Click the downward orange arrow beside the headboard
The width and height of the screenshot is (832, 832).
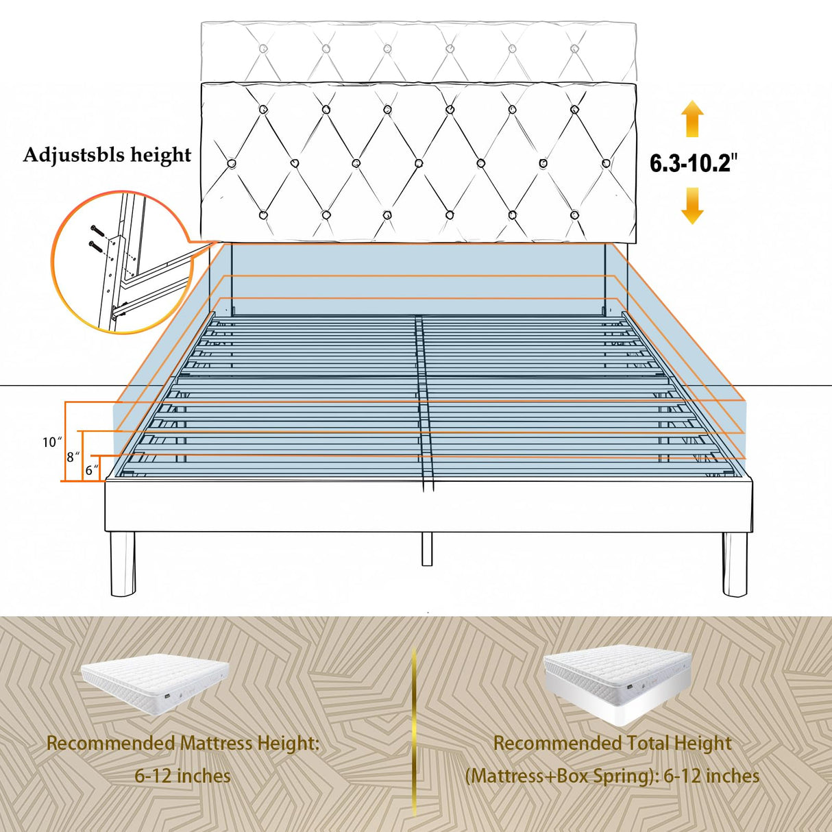click(692, 206)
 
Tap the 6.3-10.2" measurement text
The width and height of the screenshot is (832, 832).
click(694, 163)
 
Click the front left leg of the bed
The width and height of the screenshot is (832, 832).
click(123, 563)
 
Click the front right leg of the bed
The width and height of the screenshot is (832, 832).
click(735, 563)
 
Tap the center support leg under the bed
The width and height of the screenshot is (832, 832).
click(427, 548)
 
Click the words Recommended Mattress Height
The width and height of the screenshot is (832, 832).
click(182, 743)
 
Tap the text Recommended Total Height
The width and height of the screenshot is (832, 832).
click(612, 743)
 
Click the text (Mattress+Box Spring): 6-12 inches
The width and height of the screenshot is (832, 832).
click(612, 776)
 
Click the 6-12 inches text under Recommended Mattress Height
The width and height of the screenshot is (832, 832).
click(182, 776)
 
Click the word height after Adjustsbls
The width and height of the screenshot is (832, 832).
click(161, 155)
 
